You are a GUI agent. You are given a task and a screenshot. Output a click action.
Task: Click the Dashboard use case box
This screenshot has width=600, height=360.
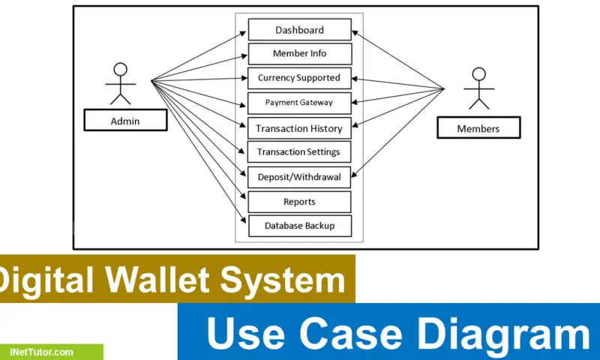click(x=299, y=30)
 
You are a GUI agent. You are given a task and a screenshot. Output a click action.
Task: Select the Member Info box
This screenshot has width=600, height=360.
click(x=299, y=54)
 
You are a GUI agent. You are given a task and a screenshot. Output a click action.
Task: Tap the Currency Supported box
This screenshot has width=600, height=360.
click(x=299, y=78)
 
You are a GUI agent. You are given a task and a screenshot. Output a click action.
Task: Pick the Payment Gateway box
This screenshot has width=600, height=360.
click(x=299, y=102)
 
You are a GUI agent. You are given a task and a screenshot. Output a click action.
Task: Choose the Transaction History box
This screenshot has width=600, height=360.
click(x=299, y=128)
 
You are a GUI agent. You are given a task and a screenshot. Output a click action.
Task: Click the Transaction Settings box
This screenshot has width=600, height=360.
click(x=299, y=152)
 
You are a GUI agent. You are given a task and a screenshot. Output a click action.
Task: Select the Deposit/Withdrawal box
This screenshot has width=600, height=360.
click(x=299, y=177)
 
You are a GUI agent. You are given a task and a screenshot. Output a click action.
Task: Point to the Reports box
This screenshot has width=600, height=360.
click(x=299, y=202)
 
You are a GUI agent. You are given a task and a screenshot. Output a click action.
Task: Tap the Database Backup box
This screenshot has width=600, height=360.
click(x=299, y=226)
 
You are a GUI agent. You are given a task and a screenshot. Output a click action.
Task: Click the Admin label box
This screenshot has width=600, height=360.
click(x=124, y=121)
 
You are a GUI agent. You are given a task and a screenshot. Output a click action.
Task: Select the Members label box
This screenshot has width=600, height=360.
click(x=478, y=129)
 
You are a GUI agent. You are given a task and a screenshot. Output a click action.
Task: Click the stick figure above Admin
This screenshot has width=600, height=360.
click(x=119, y=84)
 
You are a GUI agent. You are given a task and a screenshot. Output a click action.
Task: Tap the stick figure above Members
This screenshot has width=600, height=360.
click(x=478, y=90)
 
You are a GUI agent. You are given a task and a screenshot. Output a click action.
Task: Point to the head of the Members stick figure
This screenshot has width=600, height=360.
click(x=478, y=74)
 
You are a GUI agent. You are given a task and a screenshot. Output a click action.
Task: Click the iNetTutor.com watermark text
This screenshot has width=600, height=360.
click(x=42, y=352)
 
